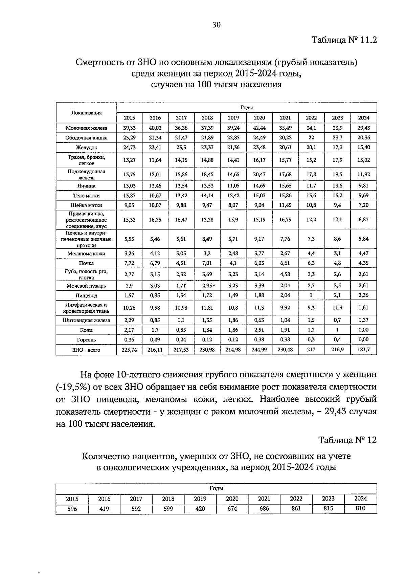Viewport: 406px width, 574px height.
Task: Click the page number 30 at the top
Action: click(x=216, y=25)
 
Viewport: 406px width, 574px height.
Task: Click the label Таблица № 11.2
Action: click(x=344, y=40)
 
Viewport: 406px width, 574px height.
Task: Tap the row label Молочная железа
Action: click(x=86, y=128)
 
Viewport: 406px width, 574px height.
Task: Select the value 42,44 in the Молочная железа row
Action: click(x=259, y=128)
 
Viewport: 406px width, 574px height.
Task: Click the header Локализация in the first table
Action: click(x=86, y=113)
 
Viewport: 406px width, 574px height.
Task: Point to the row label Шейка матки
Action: click(x=86, y=205)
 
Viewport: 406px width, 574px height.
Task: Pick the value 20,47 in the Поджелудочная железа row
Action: click(x=259, y=175)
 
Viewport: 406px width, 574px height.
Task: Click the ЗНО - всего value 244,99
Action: click(x=259, y=350)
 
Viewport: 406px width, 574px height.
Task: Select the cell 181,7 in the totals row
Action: click(x=363, y=350)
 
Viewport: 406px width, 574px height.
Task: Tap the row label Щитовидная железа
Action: click(x=86, y=320)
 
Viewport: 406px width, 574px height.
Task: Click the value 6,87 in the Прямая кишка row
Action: click(x=363, y=220)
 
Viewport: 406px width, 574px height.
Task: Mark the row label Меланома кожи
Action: click(x=86, y=253)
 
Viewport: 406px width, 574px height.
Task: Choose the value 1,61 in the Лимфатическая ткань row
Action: click(x=363, y=308)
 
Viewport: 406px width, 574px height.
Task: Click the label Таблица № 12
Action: click(x=347, y=440)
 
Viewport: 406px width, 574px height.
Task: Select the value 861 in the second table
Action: click(x=296, y=509)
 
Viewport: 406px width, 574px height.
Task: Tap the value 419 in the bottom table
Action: click(x=104, y=509)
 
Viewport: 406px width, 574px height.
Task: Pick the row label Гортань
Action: click(x=86, y=340)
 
